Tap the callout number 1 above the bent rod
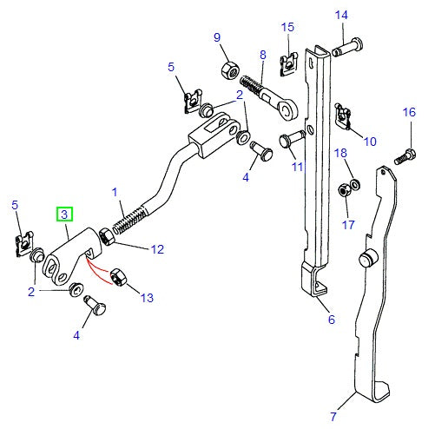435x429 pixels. (113, 191)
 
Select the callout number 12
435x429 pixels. (156, 249)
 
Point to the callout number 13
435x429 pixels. (146, 298)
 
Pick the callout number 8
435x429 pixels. (262, 55)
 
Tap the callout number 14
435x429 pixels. (341, 15)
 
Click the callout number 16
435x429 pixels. (408, 112)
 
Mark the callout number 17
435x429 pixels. (347, 225)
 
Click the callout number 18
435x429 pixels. (341, 154)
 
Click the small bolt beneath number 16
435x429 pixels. (403, 159)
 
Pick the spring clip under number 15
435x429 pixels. (288, 63)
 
